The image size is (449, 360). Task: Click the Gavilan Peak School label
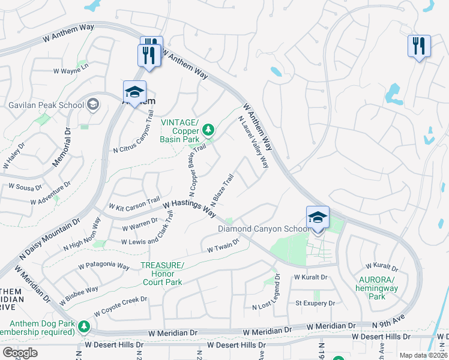pos(46,105)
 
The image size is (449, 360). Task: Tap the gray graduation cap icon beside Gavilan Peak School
pos(92,105)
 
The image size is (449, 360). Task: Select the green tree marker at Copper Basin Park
pos(208,129)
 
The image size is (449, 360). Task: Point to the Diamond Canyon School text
pos(264,229)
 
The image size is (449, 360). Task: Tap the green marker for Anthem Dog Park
pos(84,326)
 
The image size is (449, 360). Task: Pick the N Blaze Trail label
pos(221,189)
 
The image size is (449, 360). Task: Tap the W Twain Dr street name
pos(223,245)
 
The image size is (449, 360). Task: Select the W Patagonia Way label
pos(104,265)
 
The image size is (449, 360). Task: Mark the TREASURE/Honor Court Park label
pos(161,274)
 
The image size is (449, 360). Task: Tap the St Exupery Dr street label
pos(315,304)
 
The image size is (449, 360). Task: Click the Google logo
pos(20,353)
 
